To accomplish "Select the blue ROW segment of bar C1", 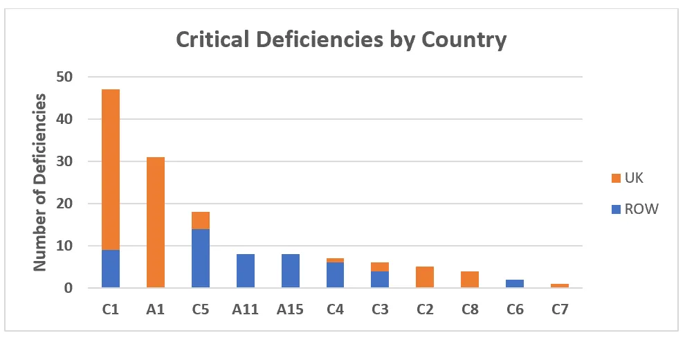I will click(x=111, y=269).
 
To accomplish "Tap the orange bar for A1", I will click(x=156, y=222).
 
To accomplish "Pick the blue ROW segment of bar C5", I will click(x=201, y=258).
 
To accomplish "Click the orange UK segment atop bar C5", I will click(x=201, y=220).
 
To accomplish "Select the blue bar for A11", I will click(x=246, y=271).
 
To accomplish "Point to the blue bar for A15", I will click(x=291, y=271).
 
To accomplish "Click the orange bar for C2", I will click(x=425, y=277).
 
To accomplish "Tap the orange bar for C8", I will click(x=470, y=279).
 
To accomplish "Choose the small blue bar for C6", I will click(x=515, y=283).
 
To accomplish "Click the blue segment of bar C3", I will click(x=380, y=279).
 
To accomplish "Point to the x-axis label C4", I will click(x=335, y=309).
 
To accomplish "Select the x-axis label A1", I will click(x=156, y=309).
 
